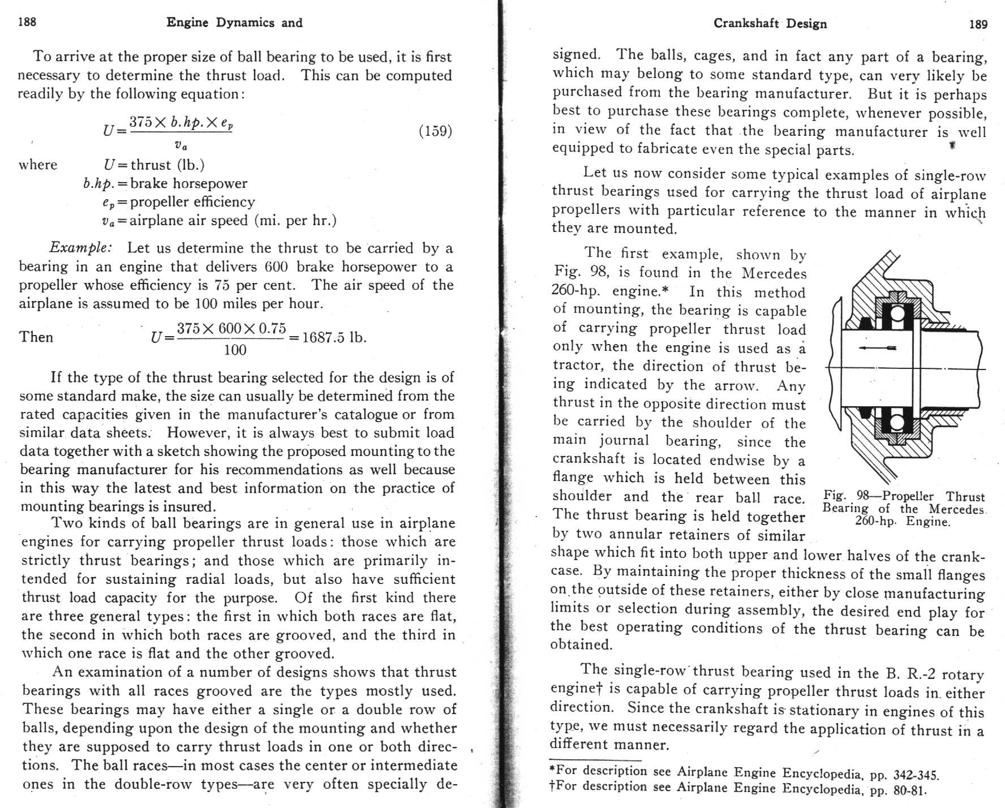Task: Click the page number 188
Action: (27, 22)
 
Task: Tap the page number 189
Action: (978, 24)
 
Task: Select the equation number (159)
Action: (435, 131)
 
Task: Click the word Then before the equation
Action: (36, 337)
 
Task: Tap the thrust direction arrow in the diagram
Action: (877, 348)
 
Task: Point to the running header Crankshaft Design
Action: (770, 24)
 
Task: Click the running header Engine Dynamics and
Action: (234, 23)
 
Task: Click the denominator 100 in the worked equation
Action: (235, 350)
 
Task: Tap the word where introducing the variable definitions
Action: (38, 165)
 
